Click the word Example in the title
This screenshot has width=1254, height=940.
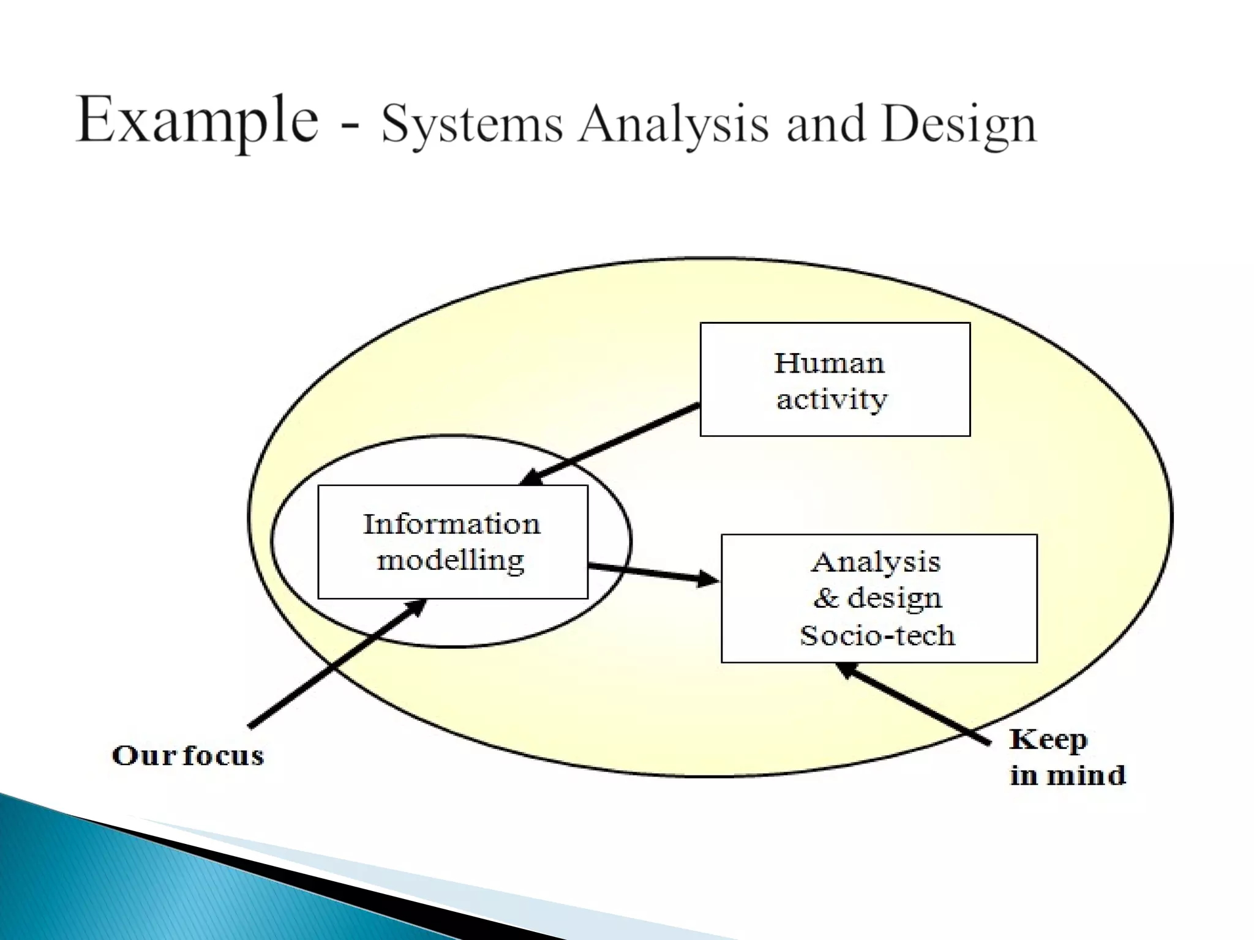197,121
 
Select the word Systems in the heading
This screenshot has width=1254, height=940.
471,125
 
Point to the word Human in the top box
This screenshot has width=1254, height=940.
829,364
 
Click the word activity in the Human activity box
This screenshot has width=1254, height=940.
832,400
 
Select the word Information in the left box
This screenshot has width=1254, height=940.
452,524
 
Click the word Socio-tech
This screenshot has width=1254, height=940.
877,636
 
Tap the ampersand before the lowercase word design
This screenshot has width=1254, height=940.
825,598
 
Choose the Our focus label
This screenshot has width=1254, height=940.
188,756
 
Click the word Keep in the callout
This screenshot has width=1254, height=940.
1048,740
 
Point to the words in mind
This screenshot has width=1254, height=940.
1067,776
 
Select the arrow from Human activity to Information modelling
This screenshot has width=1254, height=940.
612,444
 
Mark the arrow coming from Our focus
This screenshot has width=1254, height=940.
337,664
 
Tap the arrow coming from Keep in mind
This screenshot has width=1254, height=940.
912,704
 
